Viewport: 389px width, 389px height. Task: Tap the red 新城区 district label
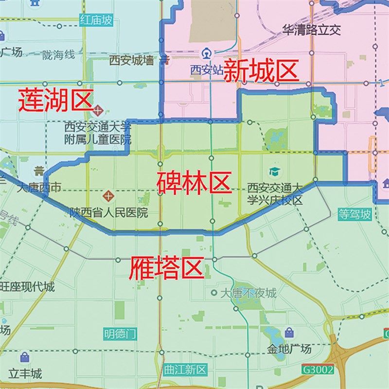click(x=261, y=72)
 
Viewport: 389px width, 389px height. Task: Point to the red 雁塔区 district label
click(x=165, y=268)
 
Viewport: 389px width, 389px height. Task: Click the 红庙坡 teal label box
click(x=96, y=20)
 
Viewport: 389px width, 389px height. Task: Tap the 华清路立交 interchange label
click(x=312, y=30)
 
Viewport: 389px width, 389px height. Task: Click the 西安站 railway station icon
click(x=208, y=52)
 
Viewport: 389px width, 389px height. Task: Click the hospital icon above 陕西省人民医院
click(x=108, y=197)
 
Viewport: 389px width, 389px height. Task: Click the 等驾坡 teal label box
click(x=355, y=214)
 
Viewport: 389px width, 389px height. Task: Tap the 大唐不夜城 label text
click(x=248, y=293)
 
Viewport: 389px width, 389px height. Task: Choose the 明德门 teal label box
click(x=120, y=334)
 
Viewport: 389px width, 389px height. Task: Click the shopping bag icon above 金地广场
click(x=289, y=333)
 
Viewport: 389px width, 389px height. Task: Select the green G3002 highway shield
click(x=318, y=369)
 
